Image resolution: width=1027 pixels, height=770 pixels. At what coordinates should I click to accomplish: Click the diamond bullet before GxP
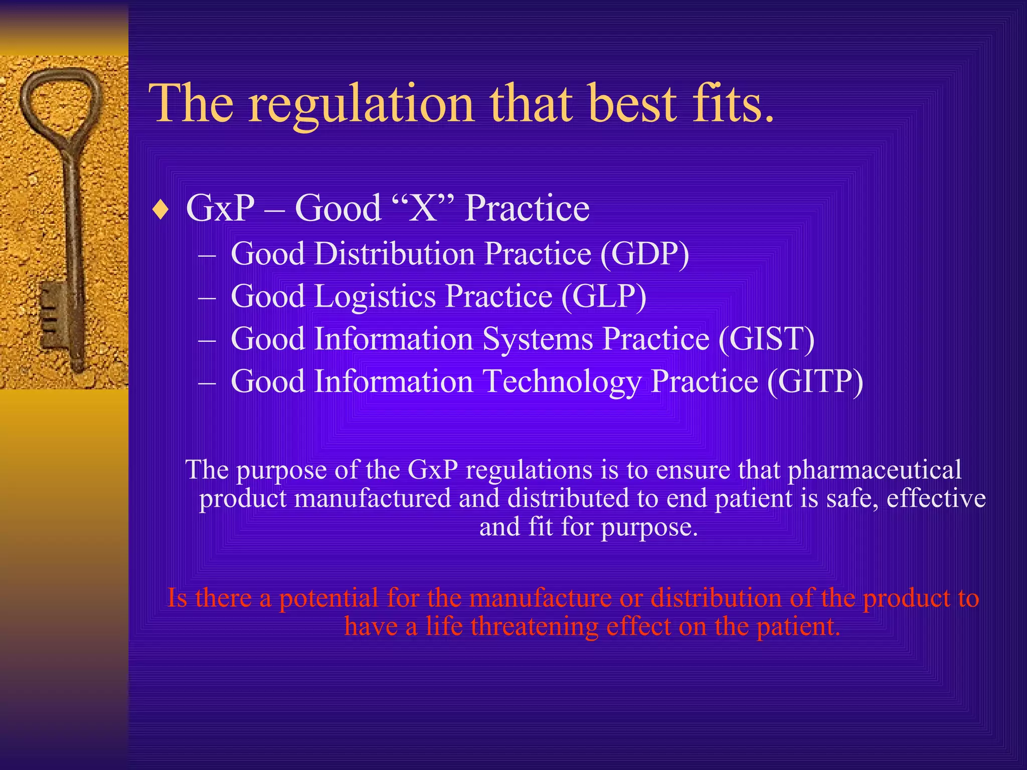point(160,210)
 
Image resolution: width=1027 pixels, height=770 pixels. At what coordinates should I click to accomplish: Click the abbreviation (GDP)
point(644,254)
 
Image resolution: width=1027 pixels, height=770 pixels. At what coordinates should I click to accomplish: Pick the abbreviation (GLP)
point(603,296)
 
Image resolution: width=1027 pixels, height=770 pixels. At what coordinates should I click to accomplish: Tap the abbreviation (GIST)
point(766,339)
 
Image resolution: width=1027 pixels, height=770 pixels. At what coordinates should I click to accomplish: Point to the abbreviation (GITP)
point(815,382)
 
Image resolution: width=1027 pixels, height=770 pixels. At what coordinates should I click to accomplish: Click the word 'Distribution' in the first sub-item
point(395,254)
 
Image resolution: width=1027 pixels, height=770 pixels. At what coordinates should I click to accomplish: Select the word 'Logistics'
point(375,296)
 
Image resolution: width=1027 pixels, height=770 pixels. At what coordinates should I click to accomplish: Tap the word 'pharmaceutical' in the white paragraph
point(875,470)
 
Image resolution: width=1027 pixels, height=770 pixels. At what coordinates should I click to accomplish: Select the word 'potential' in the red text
point(328,598)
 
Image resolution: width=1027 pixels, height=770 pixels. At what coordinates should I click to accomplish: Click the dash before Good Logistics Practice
point(207,297)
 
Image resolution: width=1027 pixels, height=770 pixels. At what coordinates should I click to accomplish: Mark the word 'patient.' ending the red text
point(798,627)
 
